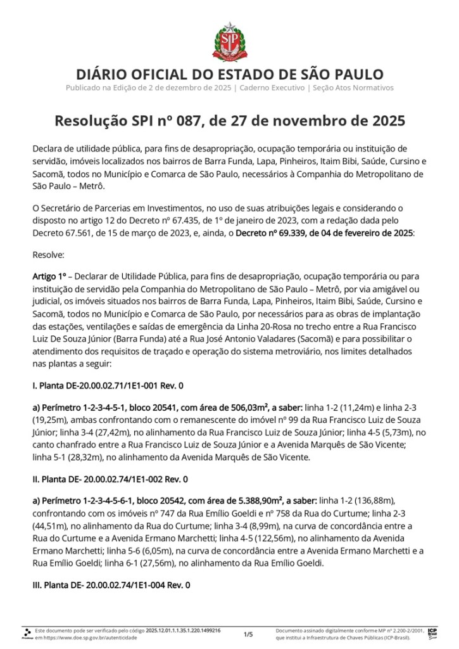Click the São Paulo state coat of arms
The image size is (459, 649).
point(229,39)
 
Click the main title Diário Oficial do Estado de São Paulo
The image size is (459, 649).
point(229,74)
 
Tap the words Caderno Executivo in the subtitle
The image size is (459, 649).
point(270,87)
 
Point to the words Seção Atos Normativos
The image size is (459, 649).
point(353,87)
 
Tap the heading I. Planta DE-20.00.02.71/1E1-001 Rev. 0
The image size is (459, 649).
point(108,385)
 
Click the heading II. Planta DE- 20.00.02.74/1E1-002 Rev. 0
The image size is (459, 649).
point(110,479)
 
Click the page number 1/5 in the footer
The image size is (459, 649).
point(248,634)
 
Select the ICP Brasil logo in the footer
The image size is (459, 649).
point(433,633)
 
